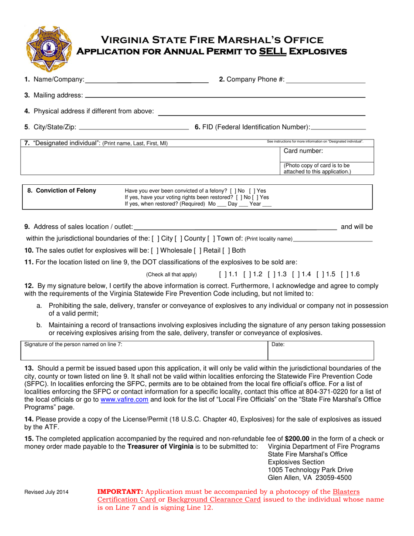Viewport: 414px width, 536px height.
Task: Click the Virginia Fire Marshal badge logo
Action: [x=45, y=48]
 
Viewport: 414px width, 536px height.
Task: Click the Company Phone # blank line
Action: [x=326, y=80]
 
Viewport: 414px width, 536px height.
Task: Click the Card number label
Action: [x=303, y=151]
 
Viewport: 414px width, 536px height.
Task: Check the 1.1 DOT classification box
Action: [x=222, y=275]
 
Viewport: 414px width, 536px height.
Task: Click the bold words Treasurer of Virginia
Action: [x=160, y=447]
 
